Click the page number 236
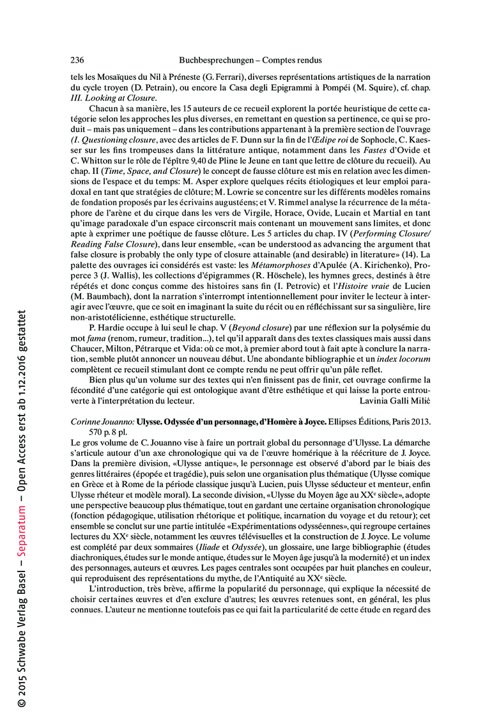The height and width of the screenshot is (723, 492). (x=77, y=60)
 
